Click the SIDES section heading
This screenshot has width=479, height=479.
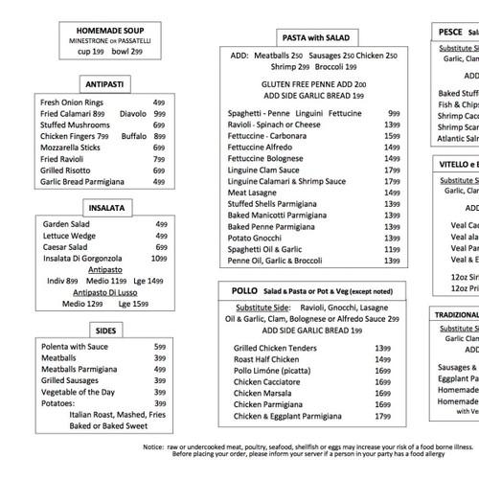pos(106,329)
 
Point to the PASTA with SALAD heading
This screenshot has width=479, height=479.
pos(316,37)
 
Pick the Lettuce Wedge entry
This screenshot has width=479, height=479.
pos(69,236)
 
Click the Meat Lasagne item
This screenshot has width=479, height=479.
pos(258,192)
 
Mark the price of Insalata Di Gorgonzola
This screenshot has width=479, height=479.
pos(159,259)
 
